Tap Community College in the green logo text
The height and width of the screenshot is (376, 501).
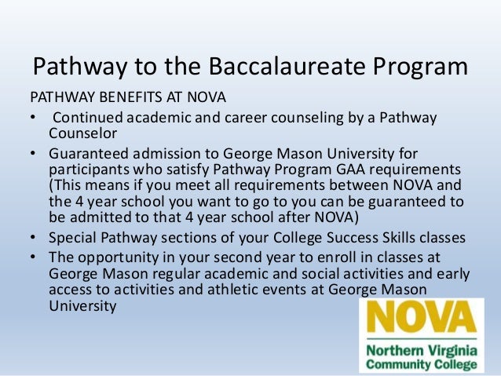(418, 365)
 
